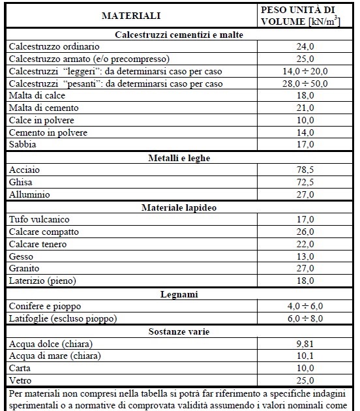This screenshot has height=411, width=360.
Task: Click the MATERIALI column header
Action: (x=130, y=15)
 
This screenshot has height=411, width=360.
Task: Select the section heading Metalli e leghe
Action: (x=178, y=157)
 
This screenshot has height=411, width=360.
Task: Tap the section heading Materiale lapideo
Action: (x=178, y=207)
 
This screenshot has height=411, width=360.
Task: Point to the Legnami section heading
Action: (x=178, y=294)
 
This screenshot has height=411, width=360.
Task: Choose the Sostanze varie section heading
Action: (x=178, y=332)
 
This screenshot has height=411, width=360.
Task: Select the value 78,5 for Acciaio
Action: (x=305, y=170)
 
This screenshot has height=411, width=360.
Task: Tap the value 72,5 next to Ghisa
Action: (x=305, y=183)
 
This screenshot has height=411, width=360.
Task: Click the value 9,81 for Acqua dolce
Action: (x=305, y=344)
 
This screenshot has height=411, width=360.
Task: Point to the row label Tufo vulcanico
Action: (x=39, y=220)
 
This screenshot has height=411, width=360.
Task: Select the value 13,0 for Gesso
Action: (x=305, y=257)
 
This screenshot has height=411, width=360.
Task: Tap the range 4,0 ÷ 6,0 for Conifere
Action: (x=305, y=307)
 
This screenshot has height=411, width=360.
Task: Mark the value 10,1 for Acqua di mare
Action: (x=305, y=356)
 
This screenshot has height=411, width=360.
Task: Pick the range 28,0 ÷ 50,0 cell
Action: (x=305, y=84)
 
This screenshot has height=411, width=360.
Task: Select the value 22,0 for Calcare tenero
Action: (x=305, y=245)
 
